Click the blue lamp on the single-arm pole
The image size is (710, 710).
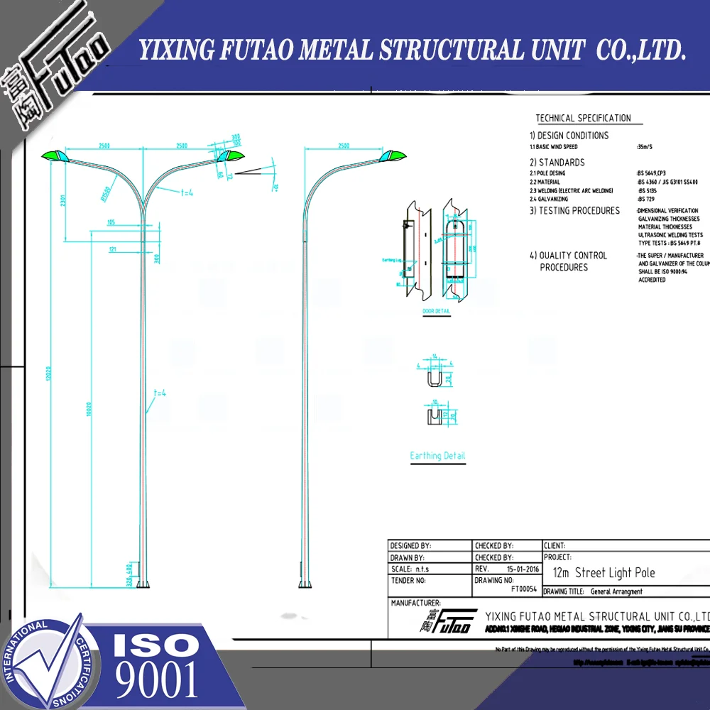coord(395,155)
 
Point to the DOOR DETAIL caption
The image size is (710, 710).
coord(437,312)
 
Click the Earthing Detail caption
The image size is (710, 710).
coord(437,456)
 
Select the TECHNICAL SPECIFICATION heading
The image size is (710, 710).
coord(583,119)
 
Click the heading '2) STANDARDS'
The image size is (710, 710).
coord(557,163)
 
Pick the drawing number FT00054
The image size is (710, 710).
coord(524,589)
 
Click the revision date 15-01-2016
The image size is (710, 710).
coord(523,569)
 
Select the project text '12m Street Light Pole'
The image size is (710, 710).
coord(603,573)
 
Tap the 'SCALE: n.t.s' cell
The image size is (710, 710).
coord(410,569)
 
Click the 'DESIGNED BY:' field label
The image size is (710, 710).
coord(411,545)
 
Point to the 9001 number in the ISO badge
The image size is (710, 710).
coord(157,678)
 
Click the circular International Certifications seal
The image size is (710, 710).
coord(48,663)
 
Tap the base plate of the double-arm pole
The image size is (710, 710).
coord(143,584)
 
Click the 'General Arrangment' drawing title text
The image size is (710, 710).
coord(616,591)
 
